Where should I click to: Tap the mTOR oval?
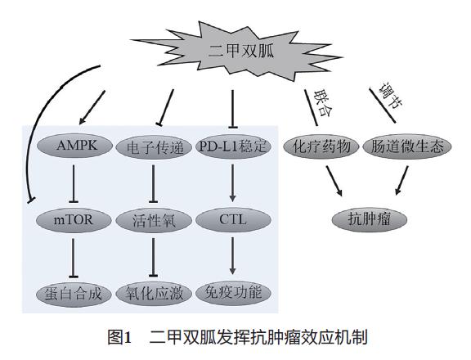(75, 219)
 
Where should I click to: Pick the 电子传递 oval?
(156, 147)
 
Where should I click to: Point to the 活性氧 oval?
(156, 219)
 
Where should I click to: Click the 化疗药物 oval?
(321, 146)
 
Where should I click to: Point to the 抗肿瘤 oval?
(368, 219)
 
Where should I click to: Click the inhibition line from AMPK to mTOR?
(75, 183)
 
